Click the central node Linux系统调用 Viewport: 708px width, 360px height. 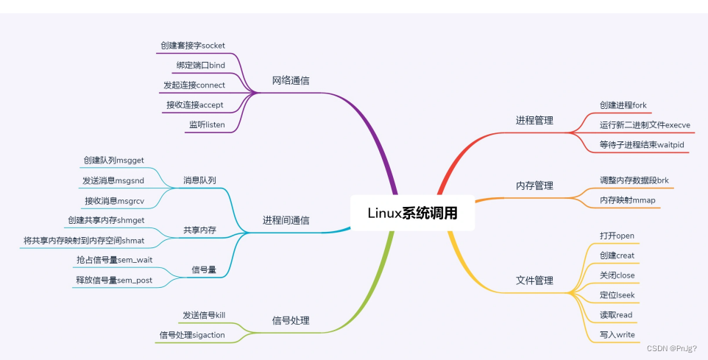[412, 213]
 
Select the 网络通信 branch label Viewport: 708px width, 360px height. [291, 80]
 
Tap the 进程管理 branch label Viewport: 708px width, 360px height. [534, 120]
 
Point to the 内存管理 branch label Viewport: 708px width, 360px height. [534, 186]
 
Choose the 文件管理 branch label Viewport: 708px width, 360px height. [534, 280]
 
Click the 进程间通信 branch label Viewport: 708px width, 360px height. [286, 220]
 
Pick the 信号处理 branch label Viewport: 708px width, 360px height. [291, 320]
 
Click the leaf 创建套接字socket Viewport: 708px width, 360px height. [193, 46]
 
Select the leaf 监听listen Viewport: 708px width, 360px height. [207, 124]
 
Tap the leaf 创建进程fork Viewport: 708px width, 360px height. [623, 105]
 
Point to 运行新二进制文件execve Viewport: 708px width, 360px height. [645, 124]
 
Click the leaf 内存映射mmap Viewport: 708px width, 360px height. [628, 200]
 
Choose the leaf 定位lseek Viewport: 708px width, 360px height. [617, 295]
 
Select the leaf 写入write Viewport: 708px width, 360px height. [617, 335]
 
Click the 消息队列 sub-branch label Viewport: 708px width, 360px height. [199, 180]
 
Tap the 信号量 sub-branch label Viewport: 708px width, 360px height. [204, 269]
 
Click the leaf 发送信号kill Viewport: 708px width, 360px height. [204, 315]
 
